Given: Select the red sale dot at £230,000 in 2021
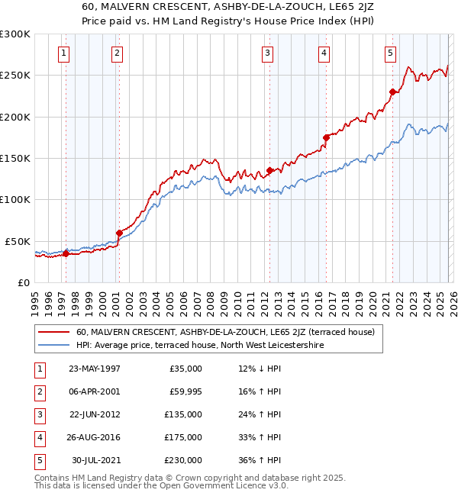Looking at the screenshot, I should click(393, 92).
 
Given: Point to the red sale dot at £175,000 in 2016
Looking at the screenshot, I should click(326, 137).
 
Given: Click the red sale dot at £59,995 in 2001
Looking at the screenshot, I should click(118, 233).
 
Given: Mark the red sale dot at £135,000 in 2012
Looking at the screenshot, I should click(269, 171).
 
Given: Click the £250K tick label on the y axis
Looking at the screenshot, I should click(16, 76).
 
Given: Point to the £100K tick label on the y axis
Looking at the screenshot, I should click(16, 199).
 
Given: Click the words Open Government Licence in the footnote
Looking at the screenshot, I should click(220, 485).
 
